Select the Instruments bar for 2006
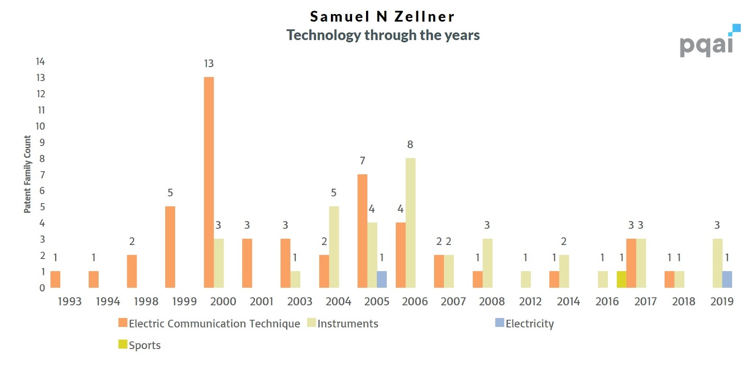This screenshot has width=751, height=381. click(410, 223)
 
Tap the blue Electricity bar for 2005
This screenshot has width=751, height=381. click(382, 279)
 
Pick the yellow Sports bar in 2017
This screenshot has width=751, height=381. click(621, 279)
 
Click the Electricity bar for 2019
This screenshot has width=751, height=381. click(727, 279)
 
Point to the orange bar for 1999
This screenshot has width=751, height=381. click(170, 247)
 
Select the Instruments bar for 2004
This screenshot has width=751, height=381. click(334, 247)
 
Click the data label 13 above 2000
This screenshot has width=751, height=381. click(209, 63)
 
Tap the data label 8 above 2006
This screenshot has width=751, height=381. click(410, 145)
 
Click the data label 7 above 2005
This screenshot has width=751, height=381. click(362, 161)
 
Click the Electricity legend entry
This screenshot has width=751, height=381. click(524, 323)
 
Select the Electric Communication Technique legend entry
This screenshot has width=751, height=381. click(209, 323)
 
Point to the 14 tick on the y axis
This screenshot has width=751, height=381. click(40, 61)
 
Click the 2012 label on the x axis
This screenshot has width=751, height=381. click(530, 301)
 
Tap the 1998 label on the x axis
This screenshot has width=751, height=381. click(146, 301)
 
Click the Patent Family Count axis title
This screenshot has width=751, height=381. click(27, 174)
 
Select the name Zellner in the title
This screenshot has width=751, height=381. click(424, 16)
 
